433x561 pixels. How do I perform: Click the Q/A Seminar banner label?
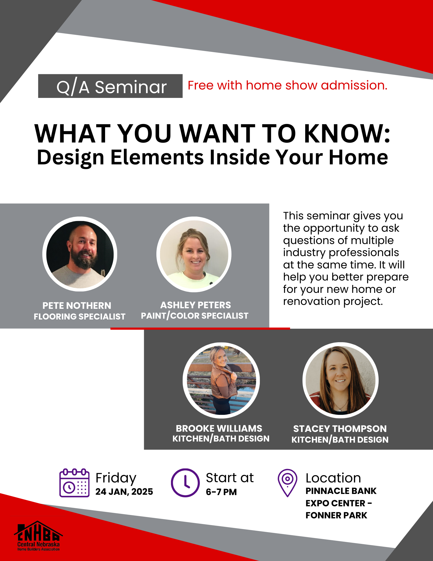[x=110, y=86]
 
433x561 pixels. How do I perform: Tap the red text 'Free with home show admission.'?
[x=288, y=85]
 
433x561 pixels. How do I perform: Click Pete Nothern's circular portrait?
[x=80, y=254]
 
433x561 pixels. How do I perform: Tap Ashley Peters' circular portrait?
[x=194, y=254]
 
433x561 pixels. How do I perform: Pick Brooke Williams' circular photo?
[x=221, y=380]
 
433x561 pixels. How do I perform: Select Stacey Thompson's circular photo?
[x=341, y=380]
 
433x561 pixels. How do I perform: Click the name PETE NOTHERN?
[x=77, y=305]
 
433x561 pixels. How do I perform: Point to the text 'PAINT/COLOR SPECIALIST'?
[x=194, y=316]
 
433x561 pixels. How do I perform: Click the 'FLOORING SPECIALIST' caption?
[x=80, y=316]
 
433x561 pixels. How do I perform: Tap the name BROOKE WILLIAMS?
[x=219, y=428]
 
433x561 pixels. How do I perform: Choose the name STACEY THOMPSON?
[x=340, y=429]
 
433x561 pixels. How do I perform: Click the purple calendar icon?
[x=74, y=483]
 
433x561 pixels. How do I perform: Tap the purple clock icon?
[x=185, y=483]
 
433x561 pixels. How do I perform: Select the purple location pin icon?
[x=287, y=483]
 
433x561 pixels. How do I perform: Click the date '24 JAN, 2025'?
[x=124, y=492]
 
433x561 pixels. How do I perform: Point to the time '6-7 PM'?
[x=221, y=492]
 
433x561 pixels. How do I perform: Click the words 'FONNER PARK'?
[x=336, y=515]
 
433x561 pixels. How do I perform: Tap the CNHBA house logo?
[x=38, y=536]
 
